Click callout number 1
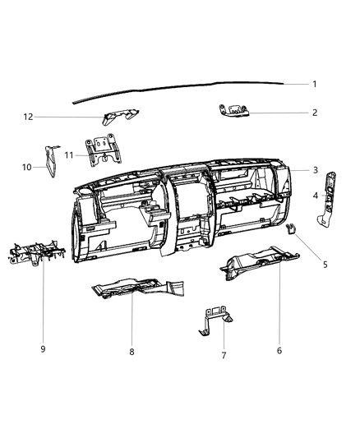(x=315, y=84)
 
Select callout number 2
(x=315, y=113)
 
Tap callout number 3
(x=316, y=170)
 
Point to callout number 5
(x=325, y=265)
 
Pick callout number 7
(x=224, y=355)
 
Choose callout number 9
(x=43, y=349)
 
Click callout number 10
(x=27, y=167)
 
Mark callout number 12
(x=28, y=117)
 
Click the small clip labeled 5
(x=291, y=228)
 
